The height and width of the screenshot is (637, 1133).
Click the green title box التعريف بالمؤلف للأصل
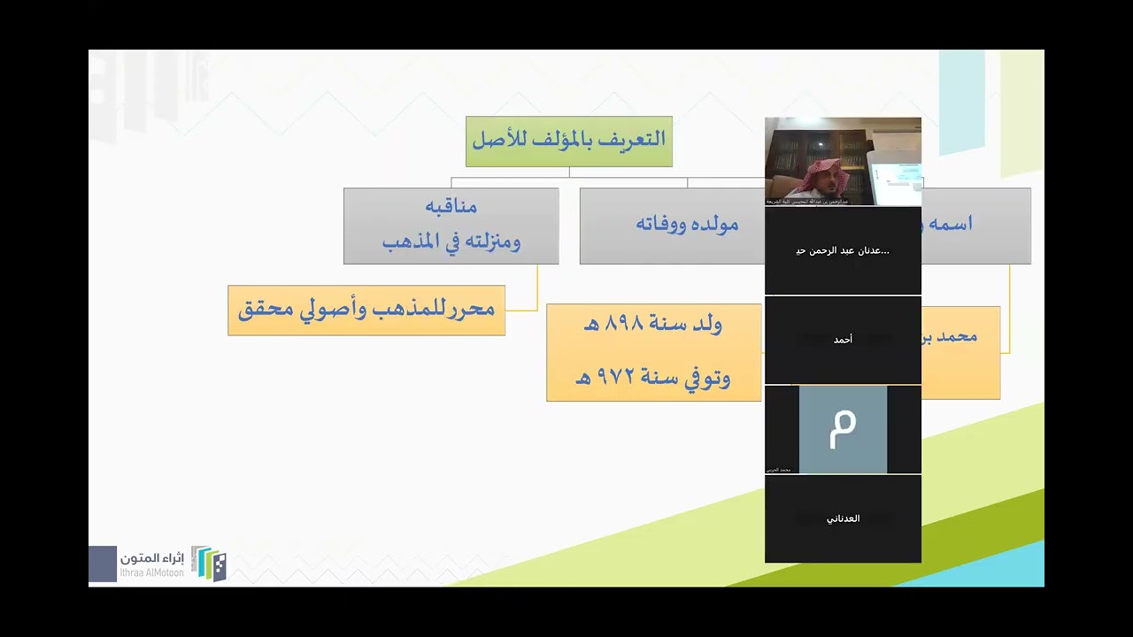(x=568, y=141)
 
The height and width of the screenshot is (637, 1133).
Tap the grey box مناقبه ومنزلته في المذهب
(x=451, y=225)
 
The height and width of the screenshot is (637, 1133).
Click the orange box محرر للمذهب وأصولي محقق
(x=366, y=310)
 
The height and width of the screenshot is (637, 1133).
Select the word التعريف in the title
(x=630, y=140)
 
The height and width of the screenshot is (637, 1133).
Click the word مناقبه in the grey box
(x=451, y=207)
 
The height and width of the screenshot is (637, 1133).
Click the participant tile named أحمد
(x=843, y=340)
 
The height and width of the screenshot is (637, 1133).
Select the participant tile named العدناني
(x=843, y=518)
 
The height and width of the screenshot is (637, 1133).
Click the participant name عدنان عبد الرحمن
(x=843, y=250)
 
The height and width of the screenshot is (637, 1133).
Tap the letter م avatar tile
(x=843, y=429)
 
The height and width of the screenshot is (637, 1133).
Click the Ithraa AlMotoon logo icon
(x=210, y=564)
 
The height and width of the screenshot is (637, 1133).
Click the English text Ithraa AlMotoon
(x=151, y=573)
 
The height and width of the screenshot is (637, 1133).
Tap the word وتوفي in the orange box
(x=706, y=379)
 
